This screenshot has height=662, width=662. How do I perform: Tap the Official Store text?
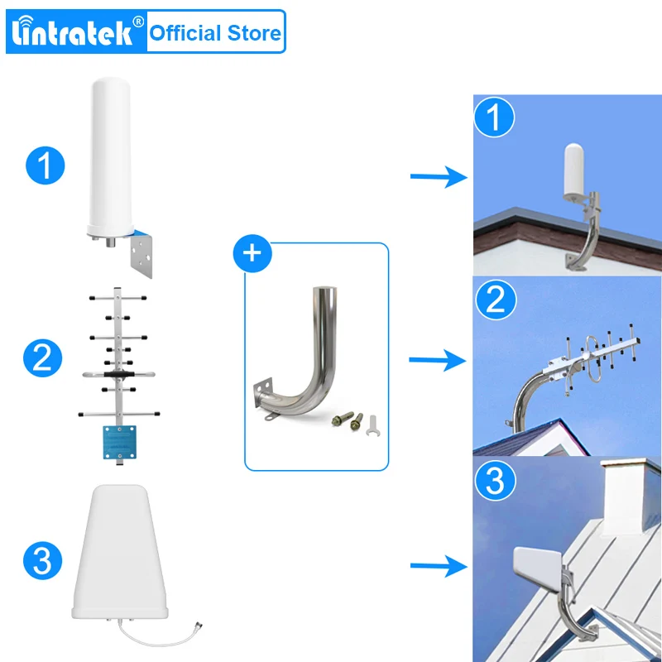pos(214,33)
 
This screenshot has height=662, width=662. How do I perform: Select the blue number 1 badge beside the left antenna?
pos(45,165)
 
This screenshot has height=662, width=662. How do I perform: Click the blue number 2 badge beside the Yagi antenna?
pos(45,358)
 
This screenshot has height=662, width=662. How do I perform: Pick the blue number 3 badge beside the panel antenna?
pos(45,560)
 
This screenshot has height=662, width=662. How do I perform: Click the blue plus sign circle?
pos(254,254)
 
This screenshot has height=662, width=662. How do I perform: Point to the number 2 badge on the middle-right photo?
pos(494,299)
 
